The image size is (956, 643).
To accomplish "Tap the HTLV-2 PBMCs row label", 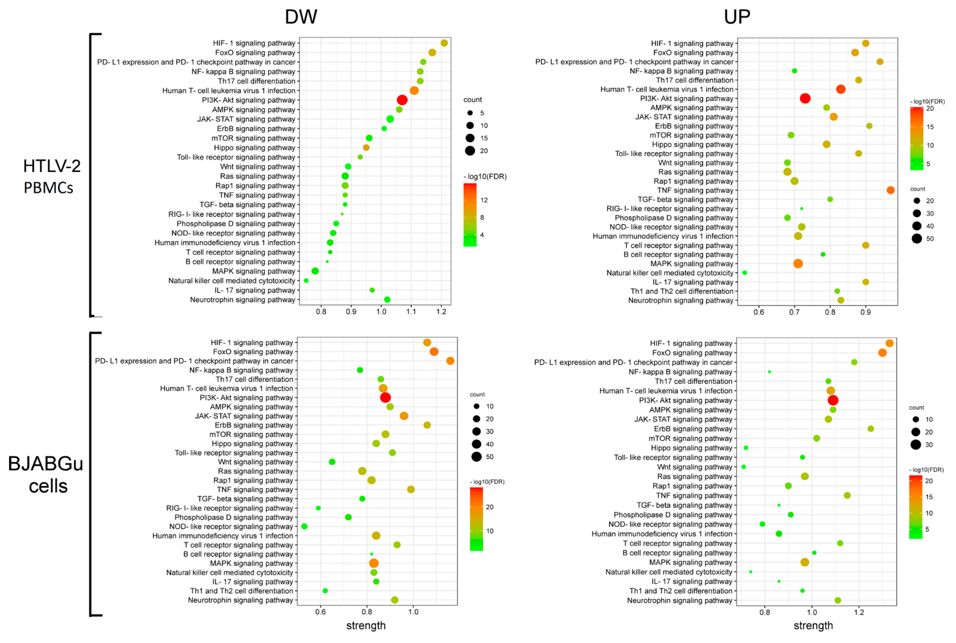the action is click(52, 176).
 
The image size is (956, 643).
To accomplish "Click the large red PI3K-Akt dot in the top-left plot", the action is click(402, 100).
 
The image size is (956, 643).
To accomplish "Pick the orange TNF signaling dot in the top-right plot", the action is click(890, 190).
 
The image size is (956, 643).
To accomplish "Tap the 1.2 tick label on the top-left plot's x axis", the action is click(441, 312).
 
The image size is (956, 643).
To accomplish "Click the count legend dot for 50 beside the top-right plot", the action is click(917, 239).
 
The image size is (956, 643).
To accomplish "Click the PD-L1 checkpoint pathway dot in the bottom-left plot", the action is click(450, 361).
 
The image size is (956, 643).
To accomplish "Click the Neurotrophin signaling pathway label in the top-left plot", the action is click(242, 300).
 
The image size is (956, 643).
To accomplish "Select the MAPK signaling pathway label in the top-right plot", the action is click(692, 264).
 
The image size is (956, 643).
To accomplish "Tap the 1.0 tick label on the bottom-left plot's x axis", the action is click(413, 612).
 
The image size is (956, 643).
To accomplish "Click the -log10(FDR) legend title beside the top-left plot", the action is click(485, 177).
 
